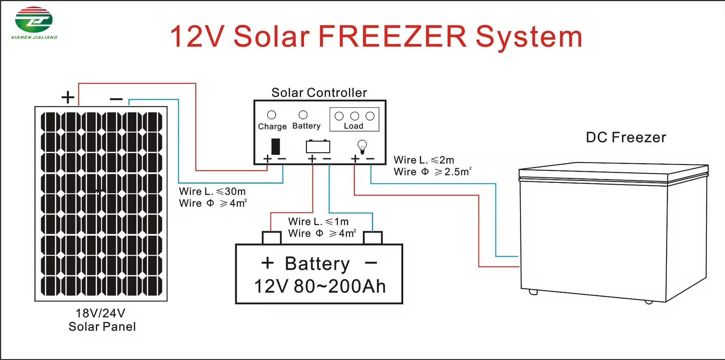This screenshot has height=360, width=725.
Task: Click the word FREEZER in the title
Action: pos(392,36)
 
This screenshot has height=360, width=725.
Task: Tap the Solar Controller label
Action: pos(319,93)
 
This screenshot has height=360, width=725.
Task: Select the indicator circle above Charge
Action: pos(271,115)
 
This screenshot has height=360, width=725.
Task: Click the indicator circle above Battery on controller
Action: pos(303,114)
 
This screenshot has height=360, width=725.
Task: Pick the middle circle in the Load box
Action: pos(355,116)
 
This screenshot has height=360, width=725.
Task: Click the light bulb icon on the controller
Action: pos(362,147)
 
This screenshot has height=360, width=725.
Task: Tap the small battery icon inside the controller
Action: pos(318,146)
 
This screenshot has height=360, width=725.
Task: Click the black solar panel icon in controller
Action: pos(276,147)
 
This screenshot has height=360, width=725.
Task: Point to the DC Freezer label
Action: pos(626,138)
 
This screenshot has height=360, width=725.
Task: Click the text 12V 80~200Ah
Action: pos(320,286)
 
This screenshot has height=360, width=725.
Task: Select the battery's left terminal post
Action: pos(272,238)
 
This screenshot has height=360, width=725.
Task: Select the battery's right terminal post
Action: pos(373,238)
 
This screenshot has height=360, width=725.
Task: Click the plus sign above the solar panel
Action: pos(68,97)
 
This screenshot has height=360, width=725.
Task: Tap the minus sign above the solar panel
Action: pos(116,99)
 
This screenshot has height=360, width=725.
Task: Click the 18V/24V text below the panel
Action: pos(100,313)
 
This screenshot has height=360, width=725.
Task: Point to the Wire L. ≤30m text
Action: pos(212,192)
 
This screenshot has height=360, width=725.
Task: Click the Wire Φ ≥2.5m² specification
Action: pos(433,172)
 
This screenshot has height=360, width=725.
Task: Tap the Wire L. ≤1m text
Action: pos(318,221)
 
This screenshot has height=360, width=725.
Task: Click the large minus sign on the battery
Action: pos(371,263)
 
